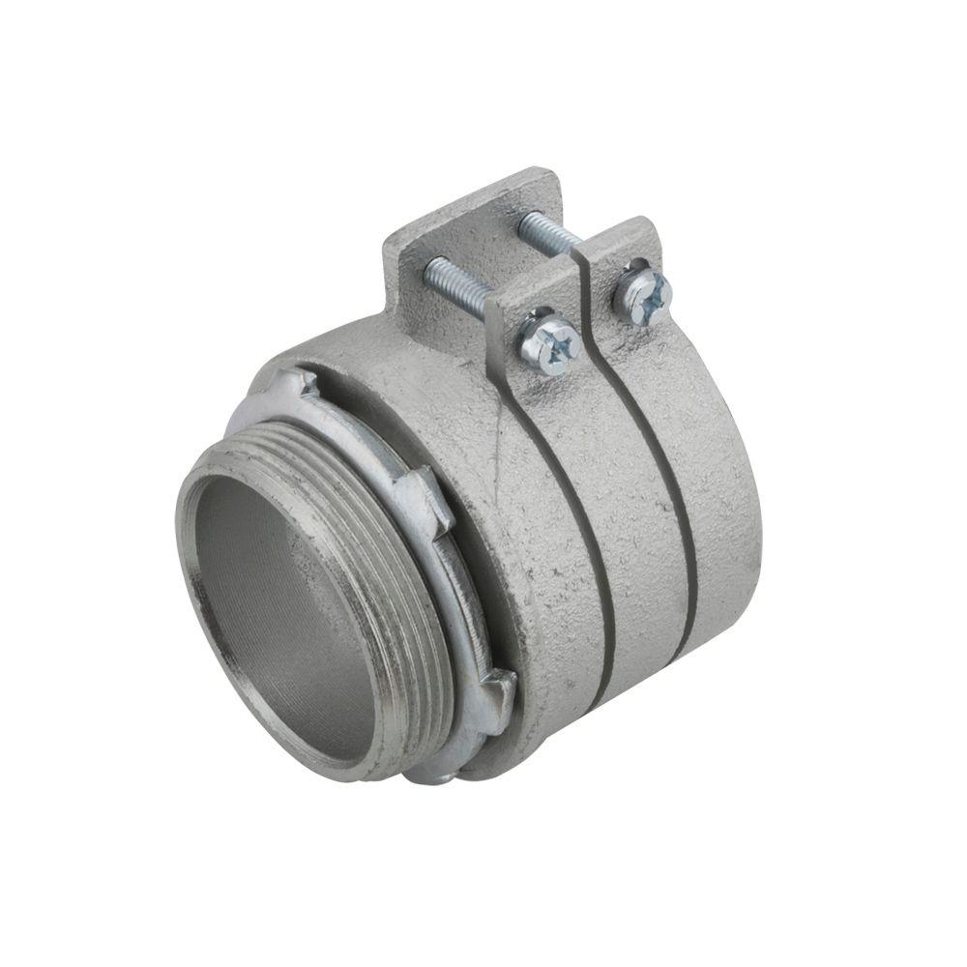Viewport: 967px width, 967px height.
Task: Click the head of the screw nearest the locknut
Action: [x=549, y=341]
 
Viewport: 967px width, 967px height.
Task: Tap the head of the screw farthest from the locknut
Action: [x=643, y=292]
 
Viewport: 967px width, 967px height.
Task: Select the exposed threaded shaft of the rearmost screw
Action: [x=549, y=233]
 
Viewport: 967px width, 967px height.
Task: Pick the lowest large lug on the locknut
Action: [x=498, y=698]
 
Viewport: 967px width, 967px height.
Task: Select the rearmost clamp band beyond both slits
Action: [x=720, y=483]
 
